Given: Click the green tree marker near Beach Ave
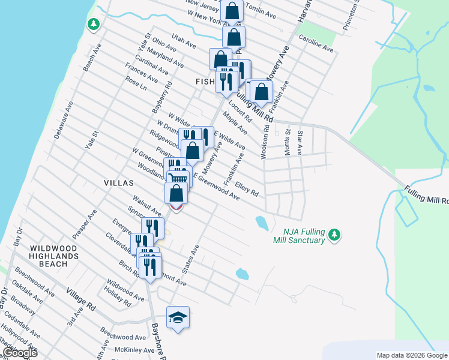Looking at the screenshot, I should (x=93, y=24).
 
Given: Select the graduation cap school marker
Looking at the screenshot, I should (x=178, y=317).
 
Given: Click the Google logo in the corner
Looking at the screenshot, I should (x=20, y=353).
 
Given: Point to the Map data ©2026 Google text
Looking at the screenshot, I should (x=412, y=355).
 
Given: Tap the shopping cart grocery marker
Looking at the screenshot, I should (x=178, y=178).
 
